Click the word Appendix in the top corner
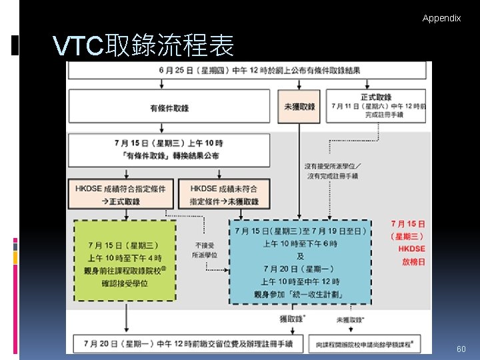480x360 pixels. pyautogui.click(x=441, y=18)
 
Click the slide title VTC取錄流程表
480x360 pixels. pyautogui.click(x=143, y=46)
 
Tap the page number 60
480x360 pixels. pyautogui.click(x=461, y=349)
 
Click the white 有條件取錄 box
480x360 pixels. pyautogui.click(x=169, y=107)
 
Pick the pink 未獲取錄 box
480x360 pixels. pyautogui.click(x=299, y=107)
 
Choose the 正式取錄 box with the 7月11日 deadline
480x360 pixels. pyautogui.click(x=375, y=107)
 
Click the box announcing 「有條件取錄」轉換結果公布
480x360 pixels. pyautogui.click(x=169, y=149)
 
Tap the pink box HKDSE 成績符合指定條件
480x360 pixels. pyautogui.click(x=121, y=195)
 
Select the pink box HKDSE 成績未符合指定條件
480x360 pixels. pyautogui.click(x=223, y=195)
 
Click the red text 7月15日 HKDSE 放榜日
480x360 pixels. pyautogui.click(x=408, y=243)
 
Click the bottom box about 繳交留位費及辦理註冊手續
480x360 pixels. pyautogui.click(x=189, y=343)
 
